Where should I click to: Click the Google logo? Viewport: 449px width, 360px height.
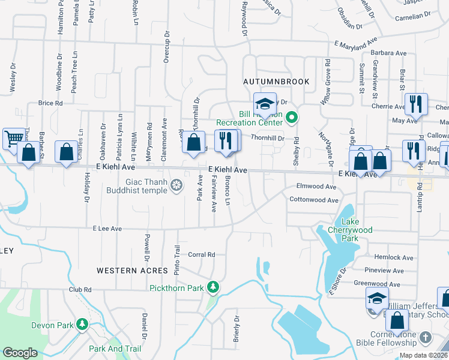(20, 353)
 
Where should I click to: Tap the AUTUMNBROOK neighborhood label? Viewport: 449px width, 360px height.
(276, 82)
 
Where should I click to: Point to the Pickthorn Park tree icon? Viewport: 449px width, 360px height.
(212, 287)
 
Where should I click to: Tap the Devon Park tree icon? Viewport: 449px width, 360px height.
(82, 325)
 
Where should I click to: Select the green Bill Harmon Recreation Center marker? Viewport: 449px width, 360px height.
(292, 117)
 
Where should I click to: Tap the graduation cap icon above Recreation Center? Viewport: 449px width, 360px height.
(264, 104)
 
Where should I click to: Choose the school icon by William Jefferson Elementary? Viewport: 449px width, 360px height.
(376, 298)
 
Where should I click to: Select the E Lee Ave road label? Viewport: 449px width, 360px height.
(107, 229)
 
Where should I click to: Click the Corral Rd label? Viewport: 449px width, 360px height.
(202, 255)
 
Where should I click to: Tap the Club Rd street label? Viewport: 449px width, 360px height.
(80, 289)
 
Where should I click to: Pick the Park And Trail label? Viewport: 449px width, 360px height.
(115, 349)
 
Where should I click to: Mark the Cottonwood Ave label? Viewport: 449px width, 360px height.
(313, 200)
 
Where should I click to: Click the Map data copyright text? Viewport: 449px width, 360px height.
(423, 355)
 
